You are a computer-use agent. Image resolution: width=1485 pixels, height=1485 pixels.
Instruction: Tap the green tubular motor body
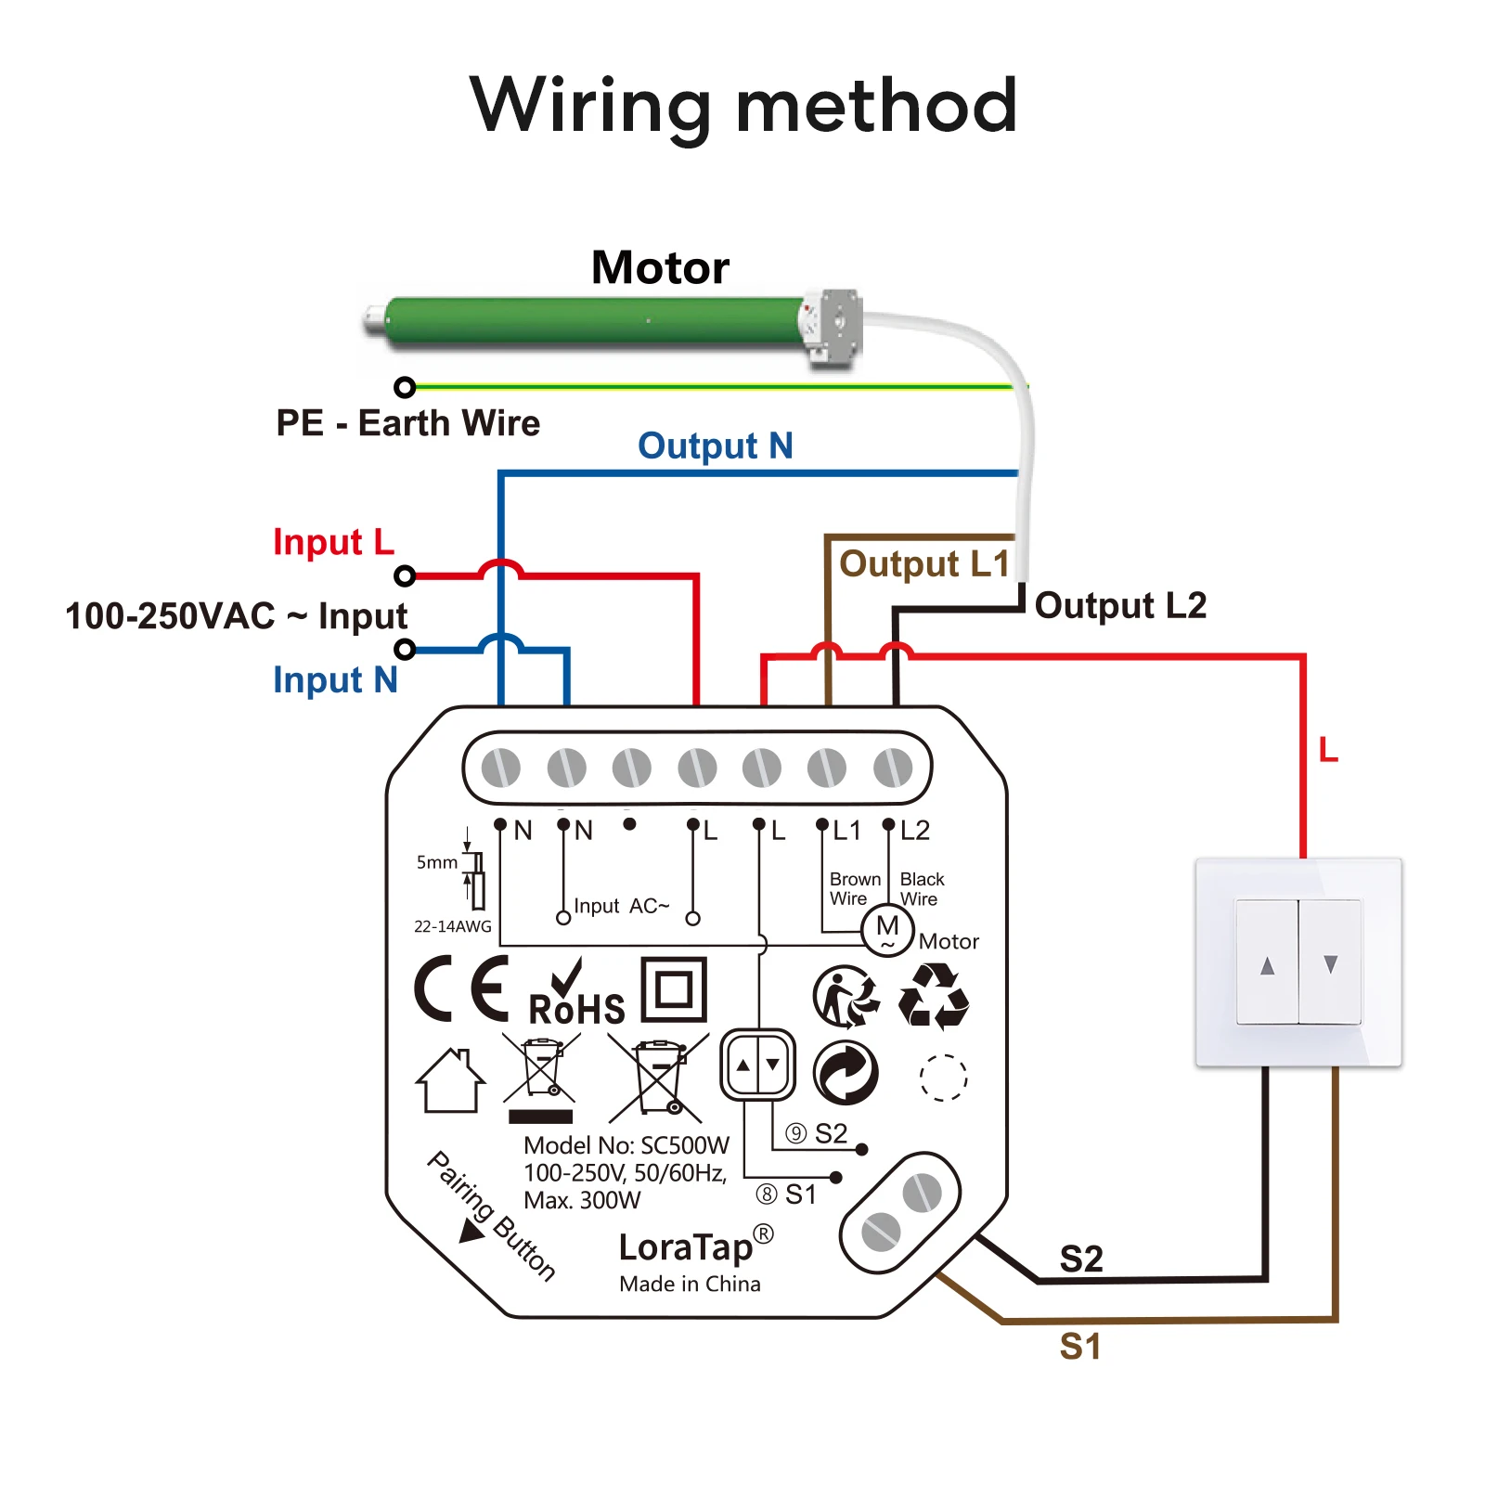(594, 321)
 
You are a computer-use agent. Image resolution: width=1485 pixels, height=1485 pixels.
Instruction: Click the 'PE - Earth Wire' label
(407, 423)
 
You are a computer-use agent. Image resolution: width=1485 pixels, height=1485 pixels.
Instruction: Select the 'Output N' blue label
(715, 446)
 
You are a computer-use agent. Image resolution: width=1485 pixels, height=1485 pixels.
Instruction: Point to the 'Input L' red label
(333, 542)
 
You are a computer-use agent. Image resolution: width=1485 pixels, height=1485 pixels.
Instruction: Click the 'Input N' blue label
(335, 680)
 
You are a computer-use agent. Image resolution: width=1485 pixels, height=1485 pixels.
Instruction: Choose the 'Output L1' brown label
(923, 564)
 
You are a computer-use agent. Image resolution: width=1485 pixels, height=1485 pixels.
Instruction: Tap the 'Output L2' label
(1120, 605)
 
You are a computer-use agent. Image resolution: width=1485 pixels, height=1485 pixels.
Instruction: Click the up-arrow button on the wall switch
(1267, 963)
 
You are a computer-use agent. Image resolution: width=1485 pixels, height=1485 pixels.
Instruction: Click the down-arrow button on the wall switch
(1330, 963)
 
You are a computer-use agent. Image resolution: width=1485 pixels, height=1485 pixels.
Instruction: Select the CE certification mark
(462, 989)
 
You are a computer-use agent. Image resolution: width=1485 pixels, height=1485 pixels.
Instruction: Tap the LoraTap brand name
(687, 1247)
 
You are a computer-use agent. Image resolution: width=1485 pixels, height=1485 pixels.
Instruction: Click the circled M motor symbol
(887, 929)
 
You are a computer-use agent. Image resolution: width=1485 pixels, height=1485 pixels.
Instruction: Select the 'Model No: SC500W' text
(626, 1145)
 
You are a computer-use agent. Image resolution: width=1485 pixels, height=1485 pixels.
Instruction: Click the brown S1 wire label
(1080, 1346)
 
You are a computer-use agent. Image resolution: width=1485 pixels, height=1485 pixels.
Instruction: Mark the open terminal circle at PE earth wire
(405, 387)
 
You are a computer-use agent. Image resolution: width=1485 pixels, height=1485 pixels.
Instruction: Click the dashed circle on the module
(943, 1078)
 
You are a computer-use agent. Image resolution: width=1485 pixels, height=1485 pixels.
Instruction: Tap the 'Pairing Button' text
(492, 1216)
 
